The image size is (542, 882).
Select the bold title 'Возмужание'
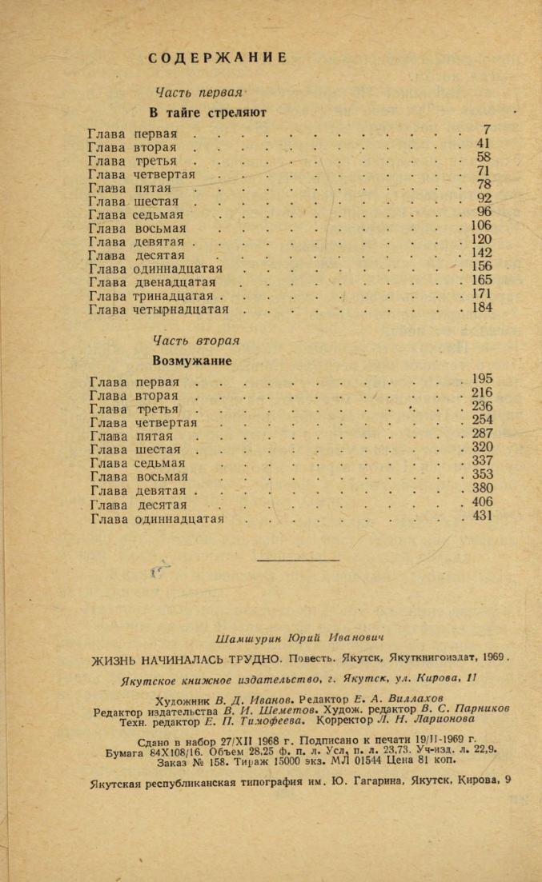coord(192,361)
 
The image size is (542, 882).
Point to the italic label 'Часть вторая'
coord(196,341)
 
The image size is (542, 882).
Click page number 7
coord(486,130)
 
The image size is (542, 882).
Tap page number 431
coord(482,516)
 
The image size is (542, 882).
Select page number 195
coord(482,378)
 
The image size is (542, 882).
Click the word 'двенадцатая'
coord(175,282)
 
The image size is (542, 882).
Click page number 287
coord(482,433)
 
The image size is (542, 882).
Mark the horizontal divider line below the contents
coord(287,560)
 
